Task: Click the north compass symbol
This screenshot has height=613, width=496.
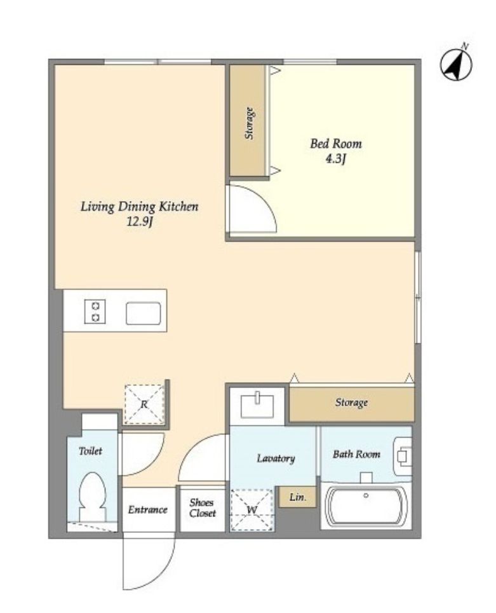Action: click(456, 64)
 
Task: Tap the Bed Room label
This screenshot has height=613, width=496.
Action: click(336, 144)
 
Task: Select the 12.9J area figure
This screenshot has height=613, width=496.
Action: click(140, 222)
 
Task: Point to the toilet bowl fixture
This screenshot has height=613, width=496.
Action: click(93, 496)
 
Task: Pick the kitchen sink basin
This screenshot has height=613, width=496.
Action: click(144, 313)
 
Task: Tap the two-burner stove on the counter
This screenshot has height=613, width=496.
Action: click(95, 311)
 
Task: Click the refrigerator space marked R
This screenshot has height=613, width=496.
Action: click(144, 404)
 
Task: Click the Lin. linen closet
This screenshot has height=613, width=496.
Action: click(297, 497)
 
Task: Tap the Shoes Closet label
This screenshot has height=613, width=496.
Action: click(203, 508)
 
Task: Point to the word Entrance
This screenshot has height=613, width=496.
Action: click(147, 510)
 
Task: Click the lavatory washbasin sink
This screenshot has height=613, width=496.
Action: click(257, 405)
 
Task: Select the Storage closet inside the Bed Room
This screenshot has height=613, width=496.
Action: click(248, 121)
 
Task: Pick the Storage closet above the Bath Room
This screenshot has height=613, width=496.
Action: click(351, 404)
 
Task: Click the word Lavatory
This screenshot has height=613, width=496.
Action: click(276, 458)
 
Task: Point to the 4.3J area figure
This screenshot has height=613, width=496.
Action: click(336, 159)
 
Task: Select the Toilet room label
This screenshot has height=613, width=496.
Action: click(90, 451)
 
